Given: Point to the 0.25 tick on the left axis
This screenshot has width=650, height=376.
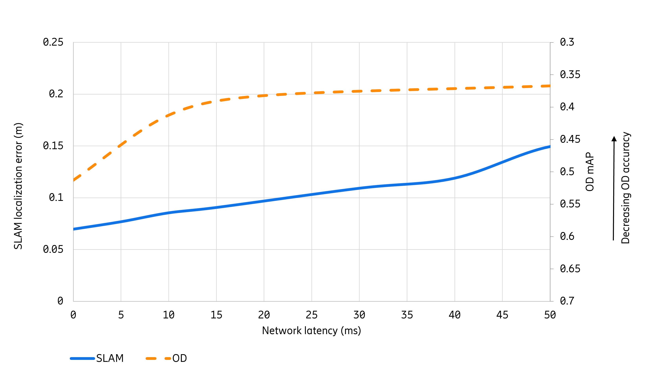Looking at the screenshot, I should (x=53, y=42).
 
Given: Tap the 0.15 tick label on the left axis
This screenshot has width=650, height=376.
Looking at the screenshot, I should (x=53, y=146).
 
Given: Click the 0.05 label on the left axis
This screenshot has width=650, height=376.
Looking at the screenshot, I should (x=53, y=249).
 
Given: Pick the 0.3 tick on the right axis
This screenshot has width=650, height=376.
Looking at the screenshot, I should (x=567, y=42).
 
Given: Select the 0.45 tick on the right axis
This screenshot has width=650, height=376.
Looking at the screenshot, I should (x=570, y=139).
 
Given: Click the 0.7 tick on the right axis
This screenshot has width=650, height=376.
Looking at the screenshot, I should (x=567, y=301).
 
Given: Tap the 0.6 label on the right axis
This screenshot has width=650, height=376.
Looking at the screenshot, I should (x=567, y=236).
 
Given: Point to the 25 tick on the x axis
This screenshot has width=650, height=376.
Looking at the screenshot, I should (x=312, y=315).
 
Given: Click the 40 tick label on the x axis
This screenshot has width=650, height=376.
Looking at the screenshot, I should (x=454, y=315).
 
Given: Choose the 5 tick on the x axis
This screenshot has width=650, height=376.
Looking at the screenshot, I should (x=121, y=315).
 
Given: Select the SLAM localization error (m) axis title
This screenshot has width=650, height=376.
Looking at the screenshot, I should (x=18, y=186).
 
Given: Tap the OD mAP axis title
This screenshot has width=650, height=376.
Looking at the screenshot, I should (x=590, y=172).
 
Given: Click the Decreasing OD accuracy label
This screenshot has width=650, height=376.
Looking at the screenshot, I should (x=626, y=188).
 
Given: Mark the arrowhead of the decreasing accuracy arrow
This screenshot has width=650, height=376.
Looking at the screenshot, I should (x=614, y=139).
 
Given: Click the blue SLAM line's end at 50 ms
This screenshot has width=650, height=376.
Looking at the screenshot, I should (x=550, y=147).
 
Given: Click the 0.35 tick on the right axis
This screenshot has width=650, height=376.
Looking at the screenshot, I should (x=570, y=74).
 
